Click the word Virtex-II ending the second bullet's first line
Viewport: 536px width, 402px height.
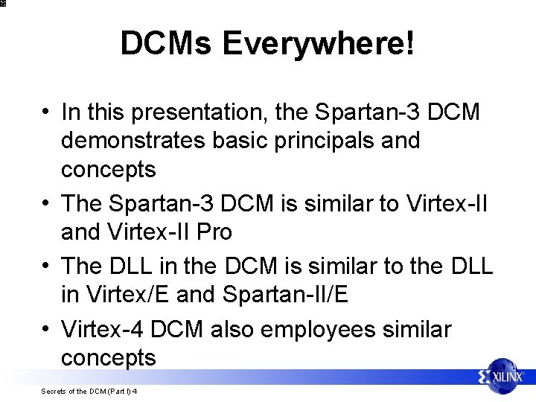click(x=450, y=202)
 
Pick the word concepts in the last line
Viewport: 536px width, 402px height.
click(x=109, y=358)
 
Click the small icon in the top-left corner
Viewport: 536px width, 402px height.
click(x=4, y=4)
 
